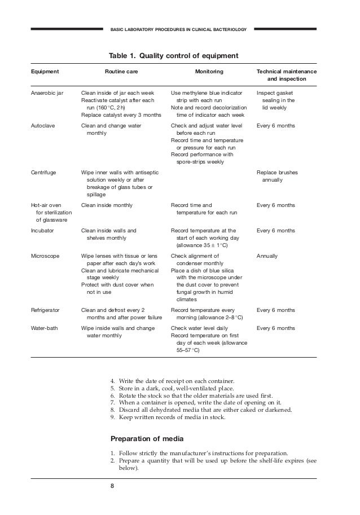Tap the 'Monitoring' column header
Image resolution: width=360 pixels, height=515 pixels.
[x=209, y=72]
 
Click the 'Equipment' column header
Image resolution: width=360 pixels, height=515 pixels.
[x=45, y=72]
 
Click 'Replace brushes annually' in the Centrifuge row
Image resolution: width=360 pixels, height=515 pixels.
[x=277, y=176]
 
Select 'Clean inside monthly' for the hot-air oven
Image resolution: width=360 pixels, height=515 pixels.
[x=107, y=205]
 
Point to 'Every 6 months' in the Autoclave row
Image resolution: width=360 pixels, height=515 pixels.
[x=275, y=126]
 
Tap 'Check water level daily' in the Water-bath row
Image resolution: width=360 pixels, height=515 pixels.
[x=199, y=328]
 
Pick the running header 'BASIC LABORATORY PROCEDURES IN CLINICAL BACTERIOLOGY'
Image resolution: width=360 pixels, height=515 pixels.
[x=178, y=29]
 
